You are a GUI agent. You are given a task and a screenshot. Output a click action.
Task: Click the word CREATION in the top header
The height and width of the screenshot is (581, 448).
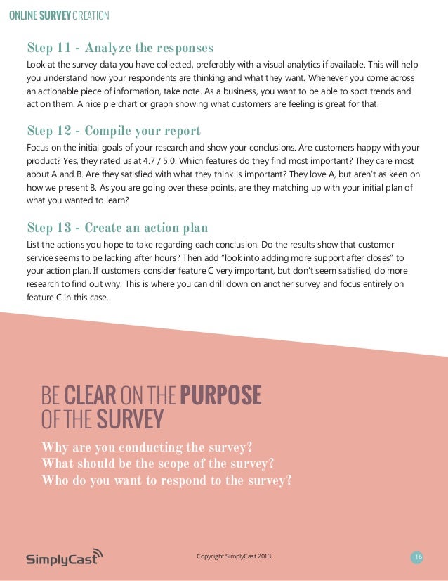pyautogui.click(x=91, y=16)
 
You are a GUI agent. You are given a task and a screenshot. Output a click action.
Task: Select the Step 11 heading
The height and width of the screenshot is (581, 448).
pyautogui.click(x=119, y=49)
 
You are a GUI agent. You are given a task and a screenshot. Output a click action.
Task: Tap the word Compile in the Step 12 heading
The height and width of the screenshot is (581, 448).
pyautogui.click(x=109, y=132)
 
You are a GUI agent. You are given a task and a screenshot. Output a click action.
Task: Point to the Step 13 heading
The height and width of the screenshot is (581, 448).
pyautogui.click(x=117, y=228)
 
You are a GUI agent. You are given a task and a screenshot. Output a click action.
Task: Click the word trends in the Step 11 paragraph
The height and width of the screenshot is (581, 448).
pyautogui.click(x=373, y=91)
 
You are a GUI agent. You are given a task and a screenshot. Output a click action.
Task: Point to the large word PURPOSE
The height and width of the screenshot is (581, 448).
pyautogui.click(x=220, y=395)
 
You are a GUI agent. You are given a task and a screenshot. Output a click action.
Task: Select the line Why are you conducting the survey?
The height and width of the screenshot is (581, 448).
pyautogui.click(x=147, y=448)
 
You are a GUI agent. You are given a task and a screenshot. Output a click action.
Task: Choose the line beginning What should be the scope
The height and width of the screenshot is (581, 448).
pyautogui.click(x=157, y=464)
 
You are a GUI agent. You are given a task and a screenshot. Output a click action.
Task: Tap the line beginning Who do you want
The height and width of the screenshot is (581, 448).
pyautogui.click(x=166, y=481)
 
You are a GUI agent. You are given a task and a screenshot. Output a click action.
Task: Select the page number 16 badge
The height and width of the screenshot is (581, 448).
pyautogui.click(x=418, y=558)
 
